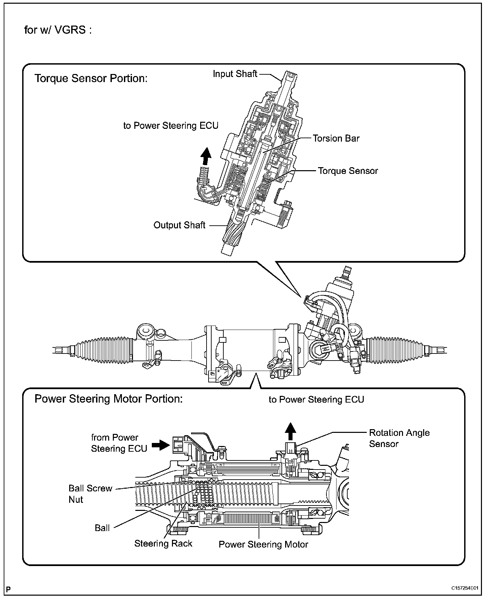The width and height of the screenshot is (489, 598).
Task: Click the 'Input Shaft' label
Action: coord(235,74)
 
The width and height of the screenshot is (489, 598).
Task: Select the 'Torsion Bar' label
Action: coord(336,138)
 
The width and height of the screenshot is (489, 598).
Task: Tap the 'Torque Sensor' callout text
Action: coord(348,171)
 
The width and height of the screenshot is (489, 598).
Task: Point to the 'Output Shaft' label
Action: coord(179,225)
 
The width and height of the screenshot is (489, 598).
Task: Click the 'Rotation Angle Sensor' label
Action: coord(399,438)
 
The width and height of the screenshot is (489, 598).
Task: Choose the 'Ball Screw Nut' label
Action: coord(90,494)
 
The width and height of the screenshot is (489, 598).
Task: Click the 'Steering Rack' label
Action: coord(163,544)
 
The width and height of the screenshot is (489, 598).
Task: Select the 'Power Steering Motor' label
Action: coord(263,545)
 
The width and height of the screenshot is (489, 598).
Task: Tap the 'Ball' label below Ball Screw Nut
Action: coord(102,528)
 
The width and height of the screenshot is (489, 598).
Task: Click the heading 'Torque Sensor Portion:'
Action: coord(91,78)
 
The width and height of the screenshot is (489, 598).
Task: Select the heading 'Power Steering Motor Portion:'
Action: coord(109,399)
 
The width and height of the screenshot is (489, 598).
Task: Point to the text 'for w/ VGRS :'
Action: coord(58,30)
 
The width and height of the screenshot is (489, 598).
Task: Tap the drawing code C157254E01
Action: coord(464,588)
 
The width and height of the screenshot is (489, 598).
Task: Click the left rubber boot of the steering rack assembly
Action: coord(105,349)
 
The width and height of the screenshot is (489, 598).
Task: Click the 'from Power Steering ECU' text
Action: coord(119,443)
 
